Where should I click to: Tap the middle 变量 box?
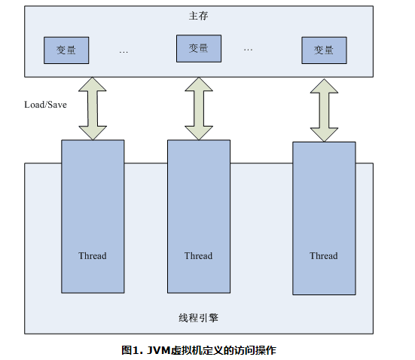(x=198, y=48)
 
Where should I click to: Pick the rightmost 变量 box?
(x=324, y=50)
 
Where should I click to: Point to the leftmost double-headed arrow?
(x=93, y=108)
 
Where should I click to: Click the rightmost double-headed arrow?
(x=324, y=110)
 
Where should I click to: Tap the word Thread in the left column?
(x=93, y=256)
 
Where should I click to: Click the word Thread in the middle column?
(x=199, y=256)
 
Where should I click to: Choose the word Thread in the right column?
(x=324, y=256)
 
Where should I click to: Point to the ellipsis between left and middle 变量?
(x=124, y=52)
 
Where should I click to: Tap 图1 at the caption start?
(x=131, y=350)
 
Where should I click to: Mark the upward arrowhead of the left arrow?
(x=93, y=84)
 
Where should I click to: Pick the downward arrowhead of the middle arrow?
(x=199, y=132)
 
